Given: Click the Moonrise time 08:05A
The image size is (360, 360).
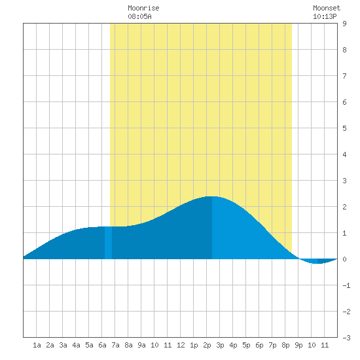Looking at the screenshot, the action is (x=139, y=16).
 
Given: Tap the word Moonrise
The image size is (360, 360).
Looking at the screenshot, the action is (x=143, y=8).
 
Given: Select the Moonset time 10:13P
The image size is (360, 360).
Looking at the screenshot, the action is (x=325, y=16).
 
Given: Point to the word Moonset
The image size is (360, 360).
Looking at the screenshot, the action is (x=327, y=8).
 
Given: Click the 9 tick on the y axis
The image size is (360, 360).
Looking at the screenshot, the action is (x=344, y=24).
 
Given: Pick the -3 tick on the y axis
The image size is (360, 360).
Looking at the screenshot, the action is (x=346, y=338).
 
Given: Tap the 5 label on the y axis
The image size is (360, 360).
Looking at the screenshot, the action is (x=344, y=128).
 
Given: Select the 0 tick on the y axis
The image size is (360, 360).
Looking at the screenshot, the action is (x=344, y=259).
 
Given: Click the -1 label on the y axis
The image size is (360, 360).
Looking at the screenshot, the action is (x=346, y=285).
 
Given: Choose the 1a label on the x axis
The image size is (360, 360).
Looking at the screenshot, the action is (x=37, y=345).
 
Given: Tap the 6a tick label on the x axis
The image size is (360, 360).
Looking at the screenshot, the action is (x=102, y=345).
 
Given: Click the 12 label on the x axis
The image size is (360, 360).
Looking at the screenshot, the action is (x=181, y=345).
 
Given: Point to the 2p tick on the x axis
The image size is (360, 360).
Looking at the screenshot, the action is (x=207, y=345).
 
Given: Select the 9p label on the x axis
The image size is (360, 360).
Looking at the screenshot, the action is (x=298, y=345).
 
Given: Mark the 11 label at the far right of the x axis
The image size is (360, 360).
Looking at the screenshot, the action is (x=325, y=345).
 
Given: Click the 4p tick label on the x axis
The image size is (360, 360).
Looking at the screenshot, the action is (x=233, y=345).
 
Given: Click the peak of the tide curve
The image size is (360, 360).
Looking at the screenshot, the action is (x=212, y=196).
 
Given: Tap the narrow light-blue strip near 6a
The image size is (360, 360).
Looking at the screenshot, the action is (x=109, y=243).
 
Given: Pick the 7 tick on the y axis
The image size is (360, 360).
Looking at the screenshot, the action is (x=344, y=76).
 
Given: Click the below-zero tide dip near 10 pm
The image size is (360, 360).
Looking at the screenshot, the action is (x=317, y=261).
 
